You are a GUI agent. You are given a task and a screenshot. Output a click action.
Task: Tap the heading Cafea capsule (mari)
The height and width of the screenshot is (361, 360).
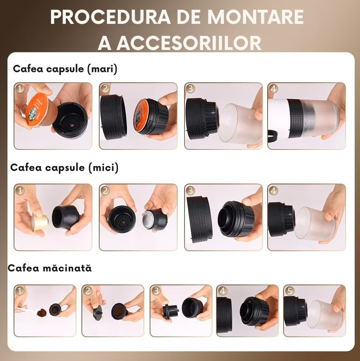(65, 69)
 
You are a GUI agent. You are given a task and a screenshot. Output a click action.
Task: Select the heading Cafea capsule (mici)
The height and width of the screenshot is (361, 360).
(64, 167)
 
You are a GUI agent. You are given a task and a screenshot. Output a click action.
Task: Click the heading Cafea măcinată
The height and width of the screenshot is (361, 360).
(50, 268)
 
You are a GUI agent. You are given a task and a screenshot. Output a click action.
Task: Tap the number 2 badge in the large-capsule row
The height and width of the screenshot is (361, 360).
(105, 88)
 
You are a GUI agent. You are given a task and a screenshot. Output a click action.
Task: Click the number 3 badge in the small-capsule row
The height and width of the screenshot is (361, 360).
(190, 190)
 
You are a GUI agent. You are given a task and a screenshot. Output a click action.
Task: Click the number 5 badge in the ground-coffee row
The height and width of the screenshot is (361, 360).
(289, 290)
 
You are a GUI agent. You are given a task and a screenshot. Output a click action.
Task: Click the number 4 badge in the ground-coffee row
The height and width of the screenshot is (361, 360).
(222, 290)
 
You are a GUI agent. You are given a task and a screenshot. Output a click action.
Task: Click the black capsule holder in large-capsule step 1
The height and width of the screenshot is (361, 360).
(69, 118)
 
